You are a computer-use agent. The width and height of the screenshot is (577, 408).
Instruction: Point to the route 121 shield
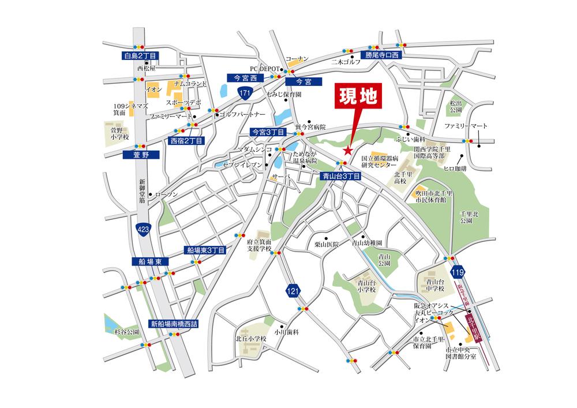pos(293,293)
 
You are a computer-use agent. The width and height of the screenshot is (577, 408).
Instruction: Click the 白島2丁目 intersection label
pos(141,56)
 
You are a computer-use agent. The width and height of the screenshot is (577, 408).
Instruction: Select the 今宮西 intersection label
pos(245,77)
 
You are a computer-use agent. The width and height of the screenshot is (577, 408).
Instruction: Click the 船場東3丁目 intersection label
pos(205,250)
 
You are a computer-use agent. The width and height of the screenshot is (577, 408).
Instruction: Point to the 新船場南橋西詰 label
pos(173,324)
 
